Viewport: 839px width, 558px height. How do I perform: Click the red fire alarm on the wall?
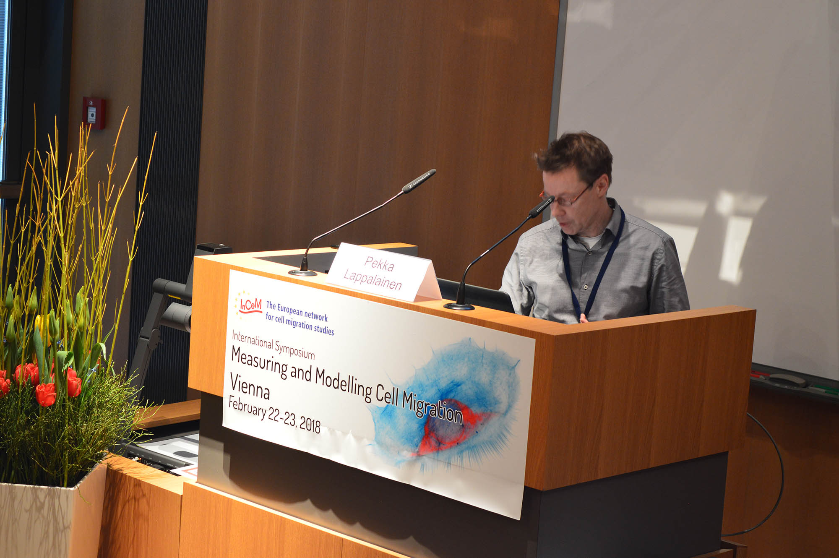94,113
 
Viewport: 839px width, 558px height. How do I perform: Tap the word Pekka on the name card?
379,263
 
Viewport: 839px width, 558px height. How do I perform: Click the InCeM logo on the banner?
250,305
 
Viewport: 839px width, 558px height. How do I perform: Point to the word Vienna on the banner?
250,386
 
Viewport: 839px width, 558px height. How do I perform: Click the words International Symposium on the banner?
273,345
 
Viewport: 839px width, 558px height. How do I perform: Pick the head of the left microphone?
419,180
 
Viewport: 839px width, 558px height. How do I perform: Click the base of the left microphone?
302,272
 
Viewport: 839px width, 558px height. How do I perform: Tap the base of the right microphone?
459,306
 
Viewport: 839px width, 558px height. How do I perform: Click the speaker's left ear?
602,185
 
